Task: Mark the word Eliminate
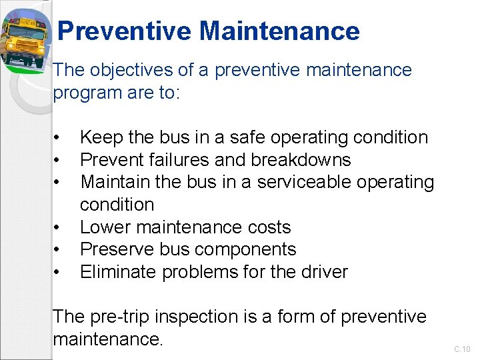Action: coord(113,272)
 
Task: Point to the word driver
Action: coord(324,272)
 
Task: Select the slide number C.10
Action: coord(462,349)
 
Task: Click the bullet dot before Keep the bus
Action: coord(59,138)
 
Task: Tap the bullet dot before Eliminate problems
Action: coord(59,273)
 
